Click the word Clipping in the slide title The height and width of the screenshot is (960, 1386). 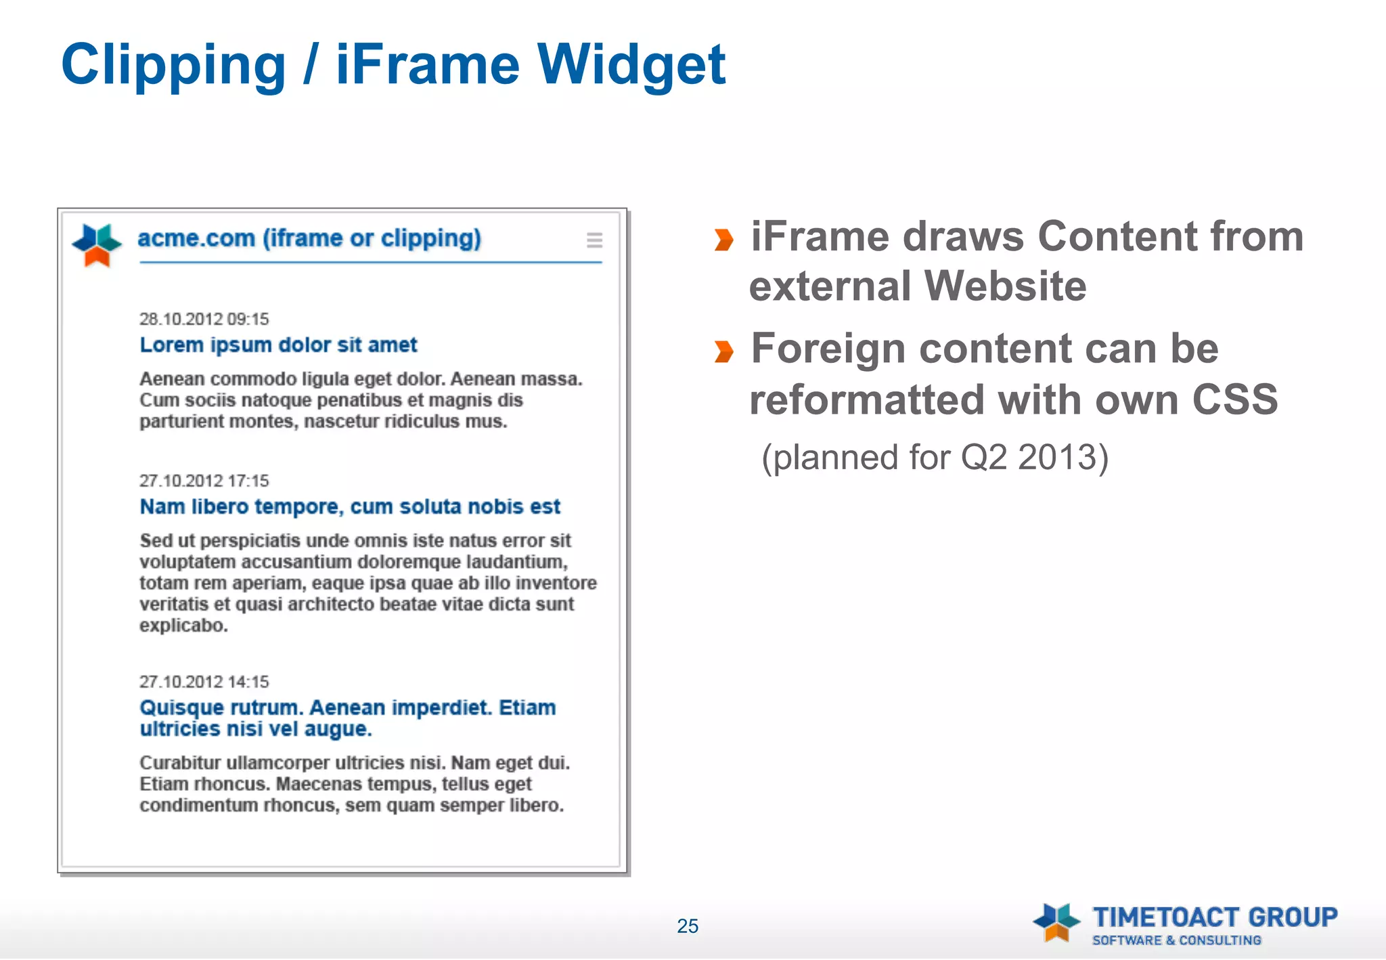point(173,66)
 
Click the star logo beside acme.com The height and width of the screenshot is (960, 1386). point(97,244)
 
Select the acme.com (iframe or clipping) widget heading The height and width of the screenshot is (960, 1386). point(309,238)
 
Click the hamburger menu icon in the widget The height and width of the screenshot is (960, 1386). point(594,240)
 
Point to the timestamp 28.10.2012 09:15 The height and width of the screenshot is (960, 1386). point(204,319)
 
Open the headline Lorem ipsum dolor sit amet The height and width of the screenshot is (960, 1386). point(278,345)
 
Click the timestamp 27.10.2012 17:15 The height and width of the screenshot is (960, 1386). point(204,481)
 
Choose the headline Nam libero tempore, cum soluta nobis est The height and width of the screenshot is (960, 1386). point(350,506)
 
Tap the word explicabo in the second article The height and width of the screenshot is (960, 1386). point(183,626)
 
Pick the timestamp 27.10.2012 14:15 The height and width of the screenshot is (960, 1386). point(204,682)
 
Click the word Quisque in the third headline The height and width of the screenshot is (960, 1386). point(181,708)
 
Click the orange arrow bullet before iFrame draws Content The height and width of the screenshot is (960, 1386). point(723,239)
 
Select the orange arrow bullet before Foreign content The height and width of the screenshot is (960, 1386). point(723,351)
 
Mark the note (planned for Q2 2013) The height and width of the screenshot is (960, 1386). point(935,458)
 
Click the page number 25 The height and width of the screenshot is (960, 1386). point(688,925)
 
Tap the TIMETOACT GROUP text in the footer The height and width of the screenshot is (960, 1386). point(1215,917)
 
